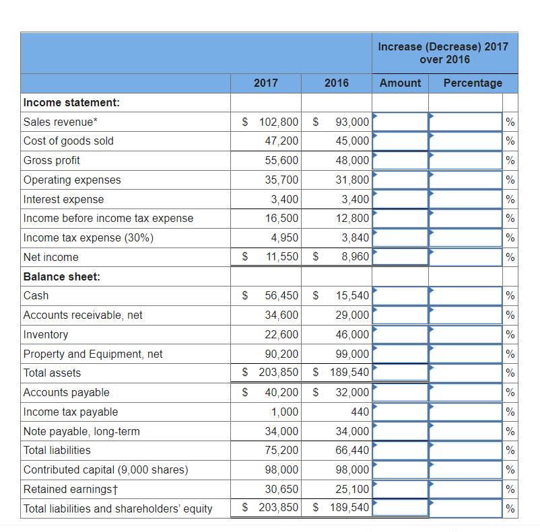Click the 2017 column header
click(266, 83)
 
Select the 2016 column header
click(337, 83)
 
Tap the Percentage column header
click(473, 83)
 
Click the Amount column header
click(400, 83)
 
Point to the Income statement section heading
click(71, 102)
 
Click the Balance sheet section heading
click(61, 276)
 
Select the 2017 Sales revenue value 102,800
click(279, 122)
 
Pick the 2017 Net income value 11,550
click(282, 257)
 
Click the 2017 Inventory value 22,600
click(282, 334)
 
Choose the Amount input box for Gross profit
click(401, 160)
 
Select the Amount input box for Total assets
click(401, 373)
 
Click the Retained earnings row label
click(66, 489)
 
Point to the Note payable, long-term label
click(81, 431)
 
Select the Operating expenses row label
click(72, 180)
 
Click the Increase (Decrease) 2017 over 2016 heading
click(443, 52)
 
